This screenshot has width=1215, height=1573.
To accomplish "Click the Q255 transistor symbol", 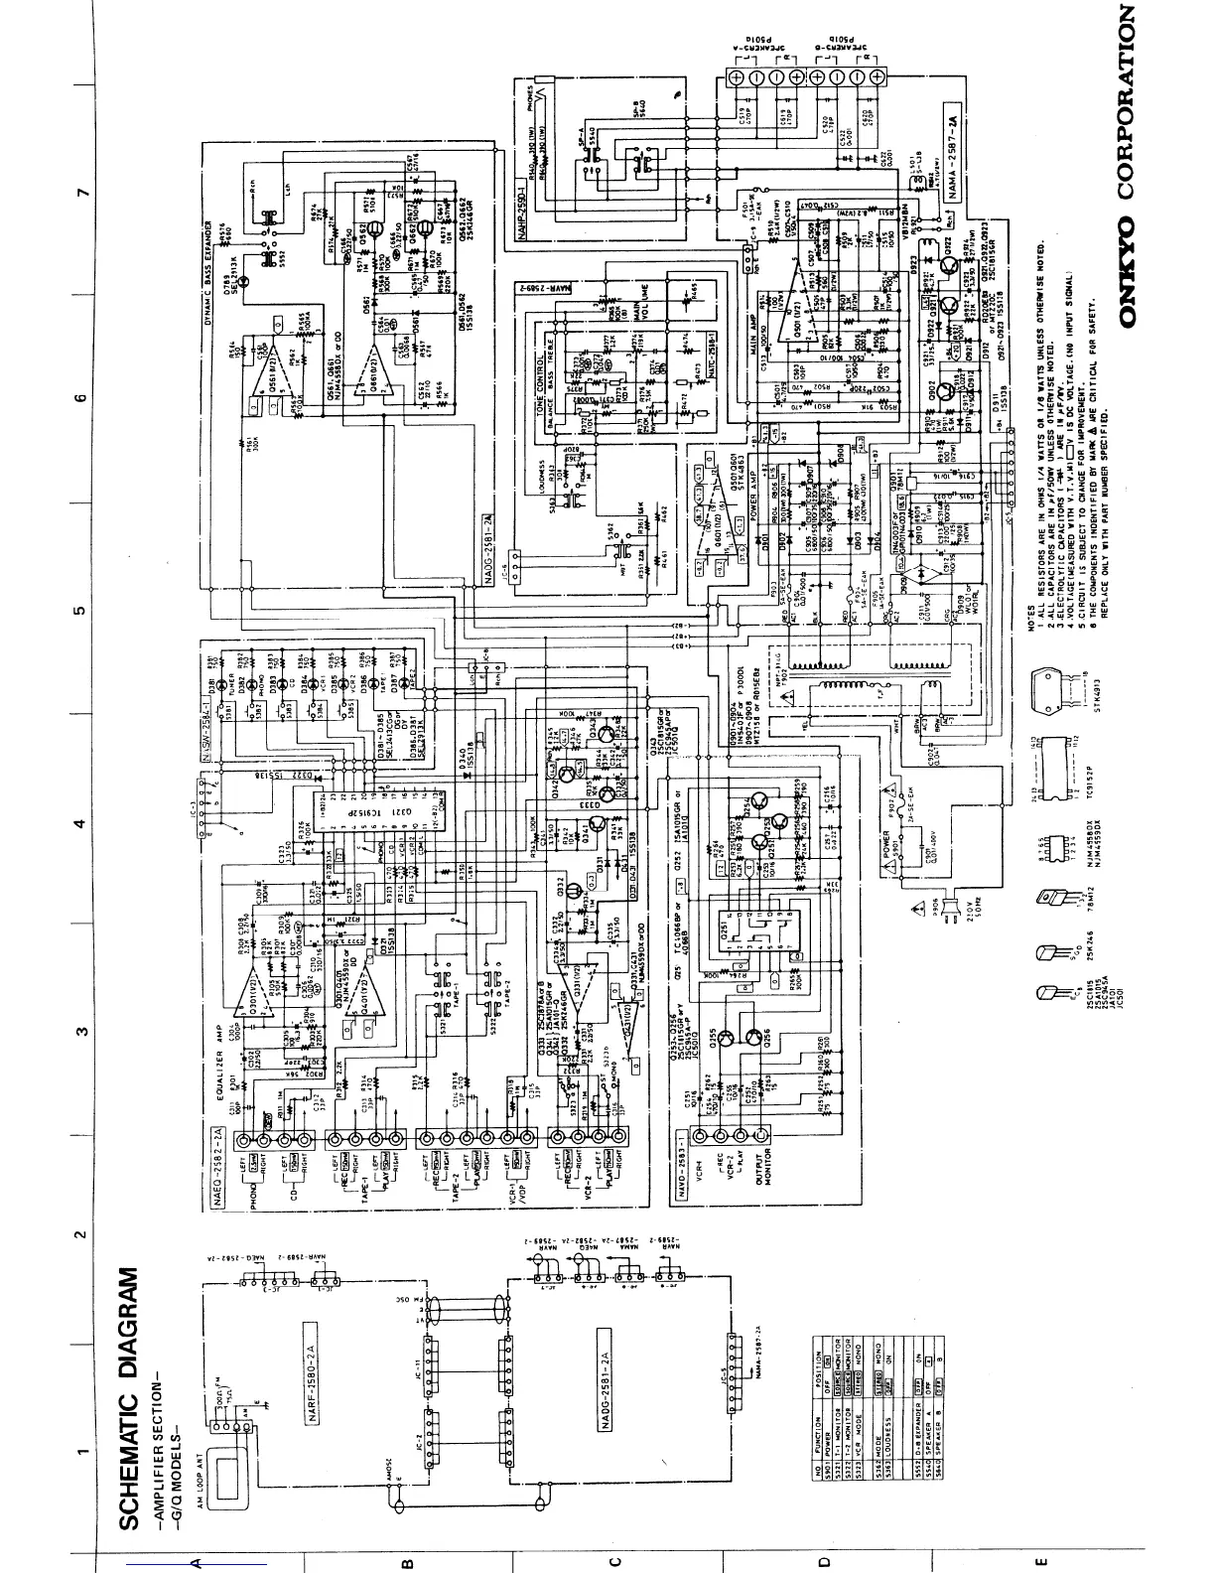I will (x=729, y=1037).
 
